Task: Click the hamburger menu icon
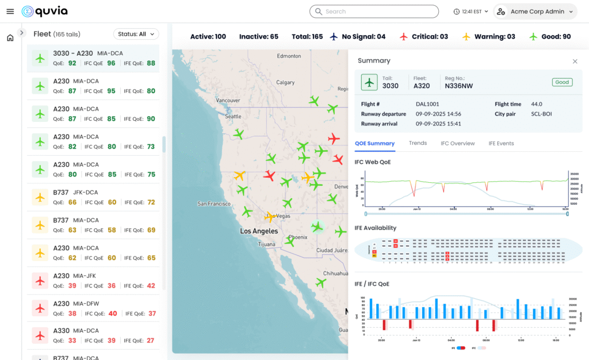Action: [10, 12]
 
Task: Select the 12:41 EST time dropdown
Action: [471, 12]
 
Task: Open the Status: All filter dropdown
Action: [136, 34]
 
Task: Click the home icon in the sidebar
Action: [10, 38]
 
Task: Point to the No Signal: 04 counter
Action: [357, 37]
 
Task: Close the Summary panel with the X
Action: [575, 61]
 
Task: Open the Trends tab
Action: [418, 143]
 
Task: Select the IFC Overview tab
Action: [457, 143]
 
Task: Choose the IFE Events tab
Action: [501, 143]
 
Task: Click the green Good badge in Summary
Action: [562, 82]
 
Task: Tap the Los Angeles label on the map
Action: [259, 231]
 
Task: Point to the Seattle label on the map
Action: [234, 116]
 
